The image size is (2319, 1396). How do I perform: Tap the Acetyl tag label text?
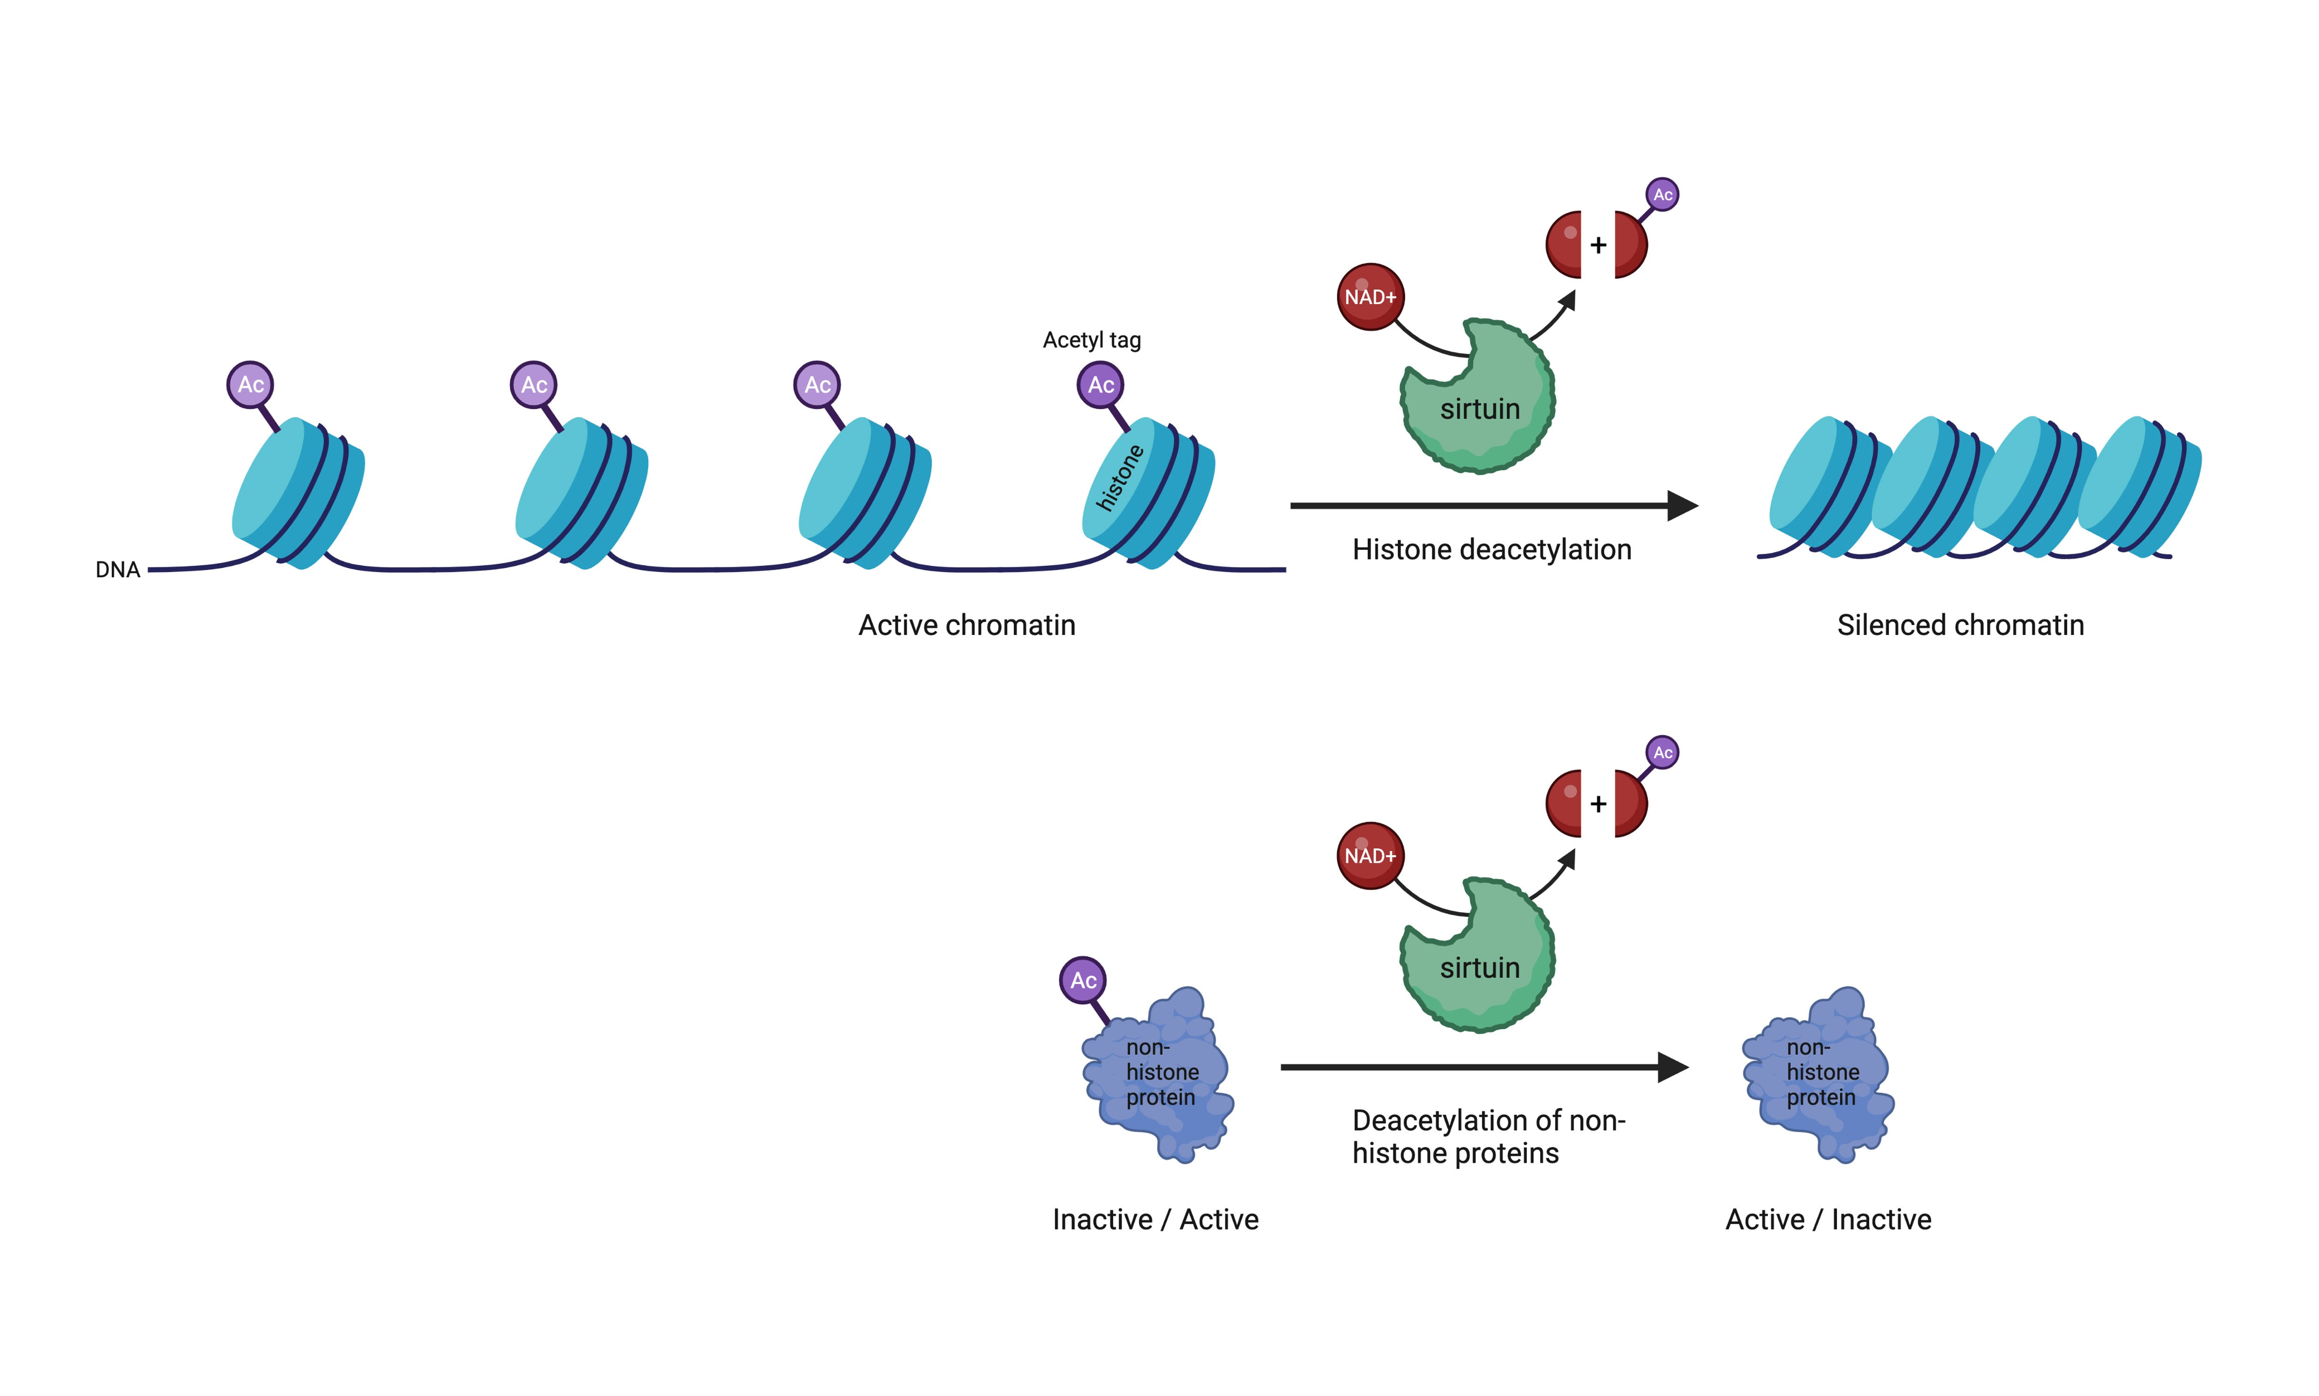(1091, 340)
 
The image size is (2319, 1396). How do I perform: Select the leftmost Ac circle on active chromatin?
(250, 385)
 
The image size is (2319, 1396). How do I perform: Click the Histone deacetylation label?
(1491, 549)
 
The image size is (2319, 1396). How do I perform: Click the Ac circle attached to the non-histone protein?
(1083, 980)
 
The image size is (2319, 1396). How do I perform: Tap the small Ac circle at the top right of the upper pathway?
(1662, 195)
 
